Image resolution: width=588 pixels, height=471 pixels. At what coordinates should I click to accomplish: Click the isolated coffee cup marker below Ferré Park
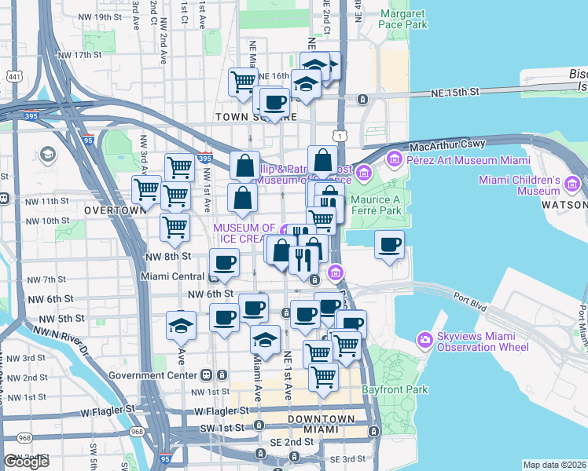pos(389,246)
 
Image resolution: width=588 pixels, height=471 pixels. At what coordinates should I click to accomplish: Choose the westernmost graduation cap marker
pos(182,324)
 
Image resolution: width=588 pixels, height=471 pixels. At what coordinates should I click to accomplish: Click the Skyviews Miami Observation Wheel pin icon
pos(425,339)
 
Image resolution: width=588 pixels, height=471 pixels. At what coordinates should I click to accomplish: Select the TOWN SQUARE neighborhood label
pos(256,116)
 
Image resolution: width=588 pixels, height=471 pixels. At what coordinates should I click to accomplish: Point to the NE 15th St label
pos(454,93)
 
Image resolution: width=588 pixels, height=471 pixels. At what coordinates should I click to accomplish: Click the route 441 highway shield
pos(13,76)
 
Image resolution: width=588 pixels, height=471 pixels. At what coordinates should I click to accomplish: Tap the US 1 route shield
pos(338,137)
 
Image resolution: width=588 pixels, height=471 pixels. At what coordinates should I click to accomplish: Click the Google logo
pos(26,462)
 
